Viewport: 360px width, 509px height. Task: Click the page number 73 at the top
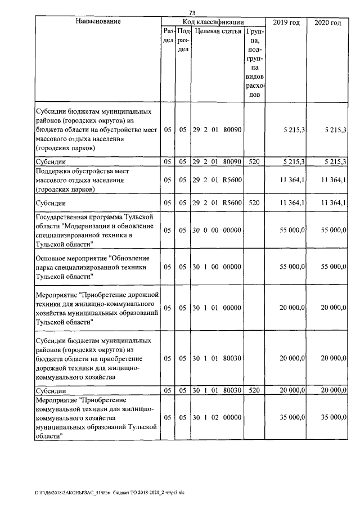[x=192, y=12]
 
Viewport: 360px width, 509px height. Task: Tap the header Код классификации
[x=213, y=22]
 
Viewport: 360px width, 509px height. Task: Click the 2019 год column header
[x=286, y=22]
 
